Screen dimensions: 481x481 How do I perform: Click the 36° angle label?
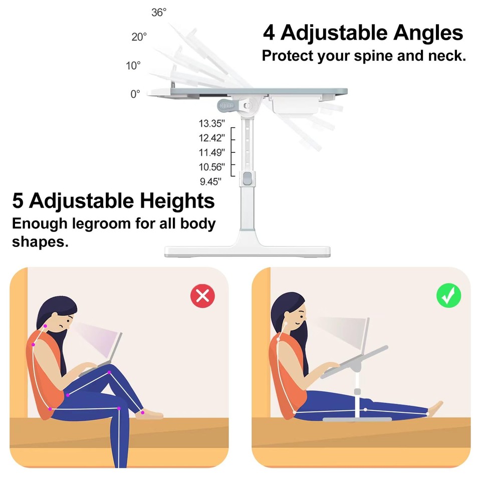coord(159,13)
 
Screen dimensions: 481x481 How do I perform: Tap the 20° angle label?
coord(139,37)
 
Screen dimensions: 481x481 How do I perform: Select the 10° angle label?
coord(133,66)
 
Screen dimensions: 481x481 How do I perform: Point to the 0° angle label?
coord(135,94)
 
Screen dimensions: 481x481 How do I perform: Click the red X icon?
coord(202,296)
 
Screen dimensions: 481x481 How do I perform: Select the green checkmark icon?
coord(448,296)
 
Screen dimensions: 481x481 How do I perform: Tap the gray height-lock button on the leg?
coord(248,179)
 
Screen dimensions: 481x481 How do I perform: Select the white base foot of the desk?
coord(247,251)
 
